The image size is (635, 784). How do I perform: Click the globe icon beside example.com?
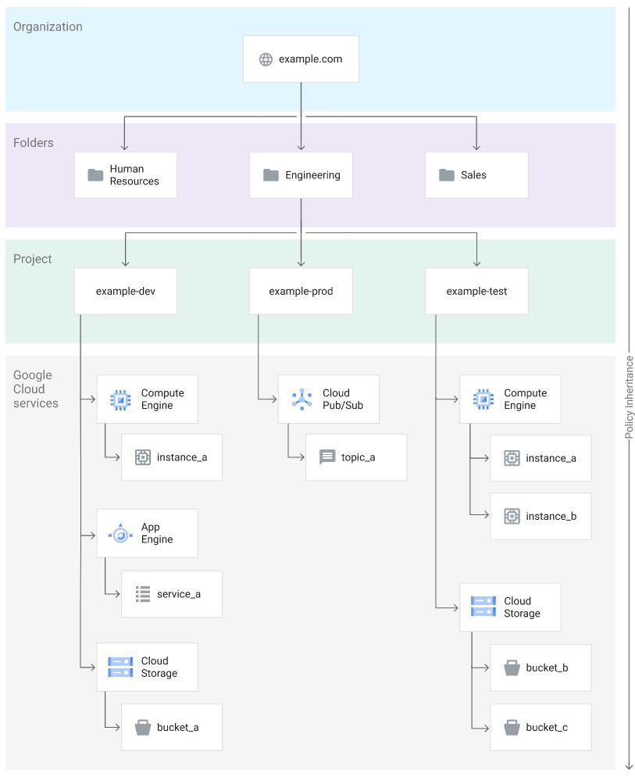click(266, 59)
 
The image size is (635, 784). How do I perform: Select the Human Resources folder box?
click(126, 175)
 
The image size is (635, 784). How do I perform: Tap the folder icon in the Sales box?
click(447, 175)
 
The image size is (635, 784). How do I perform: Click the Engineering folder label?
click(312, 175)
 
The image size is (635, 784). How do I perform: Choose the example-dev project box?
click(126, 292)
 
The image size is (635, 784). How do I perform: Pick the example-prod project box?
click(301, 292)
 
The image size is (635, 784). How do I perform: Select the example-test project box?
click(476, 292)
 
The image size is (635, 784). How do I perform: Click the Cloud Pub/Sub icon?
click(301, 399)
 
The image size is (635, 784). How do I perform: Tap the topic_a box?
click(356, 457)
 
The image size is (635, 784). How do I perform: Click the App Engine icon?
click(120, 534)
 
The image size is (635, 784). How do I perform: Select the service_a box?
click(172, 594)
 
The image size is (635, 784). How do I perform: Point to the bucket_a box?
click(172, 728)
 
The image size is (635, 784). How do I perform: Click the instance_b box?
click(540, 516)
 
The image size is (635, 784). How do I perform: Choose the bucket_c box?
click(540, 728)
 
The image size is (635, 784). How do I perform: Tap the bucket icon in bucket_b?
click(512, 668)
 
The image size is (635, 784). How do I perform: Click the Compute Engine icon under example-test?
click(483, 399)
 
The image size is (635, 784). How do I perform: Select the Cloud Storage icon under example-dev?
click(120, 667)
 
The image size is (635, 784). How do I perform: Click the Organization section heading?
click(48, 27)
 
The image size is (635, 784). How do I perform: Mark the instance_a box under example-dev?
click(172, 457)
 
